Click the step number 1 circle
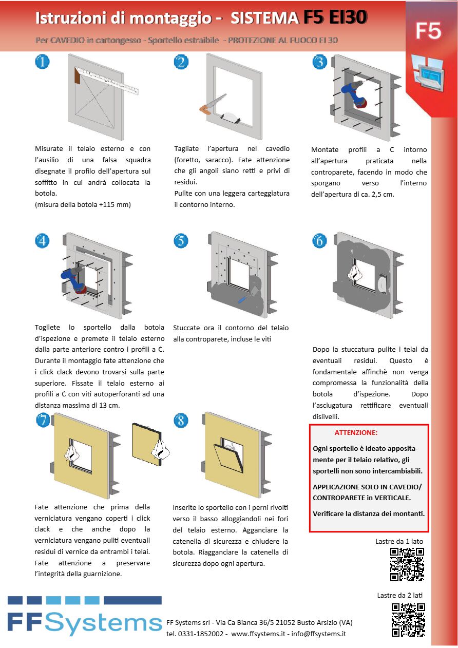[x=42, y=62]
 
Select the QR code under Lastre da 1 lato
[x=407, y=564]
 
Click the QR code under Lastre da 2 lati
[x=408, y=620]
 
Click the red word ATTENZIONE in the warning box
[x=356, y=433]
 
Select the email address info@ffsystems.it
[x=318, y=634]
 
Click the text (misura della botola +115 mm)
[x=83, y=204]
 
